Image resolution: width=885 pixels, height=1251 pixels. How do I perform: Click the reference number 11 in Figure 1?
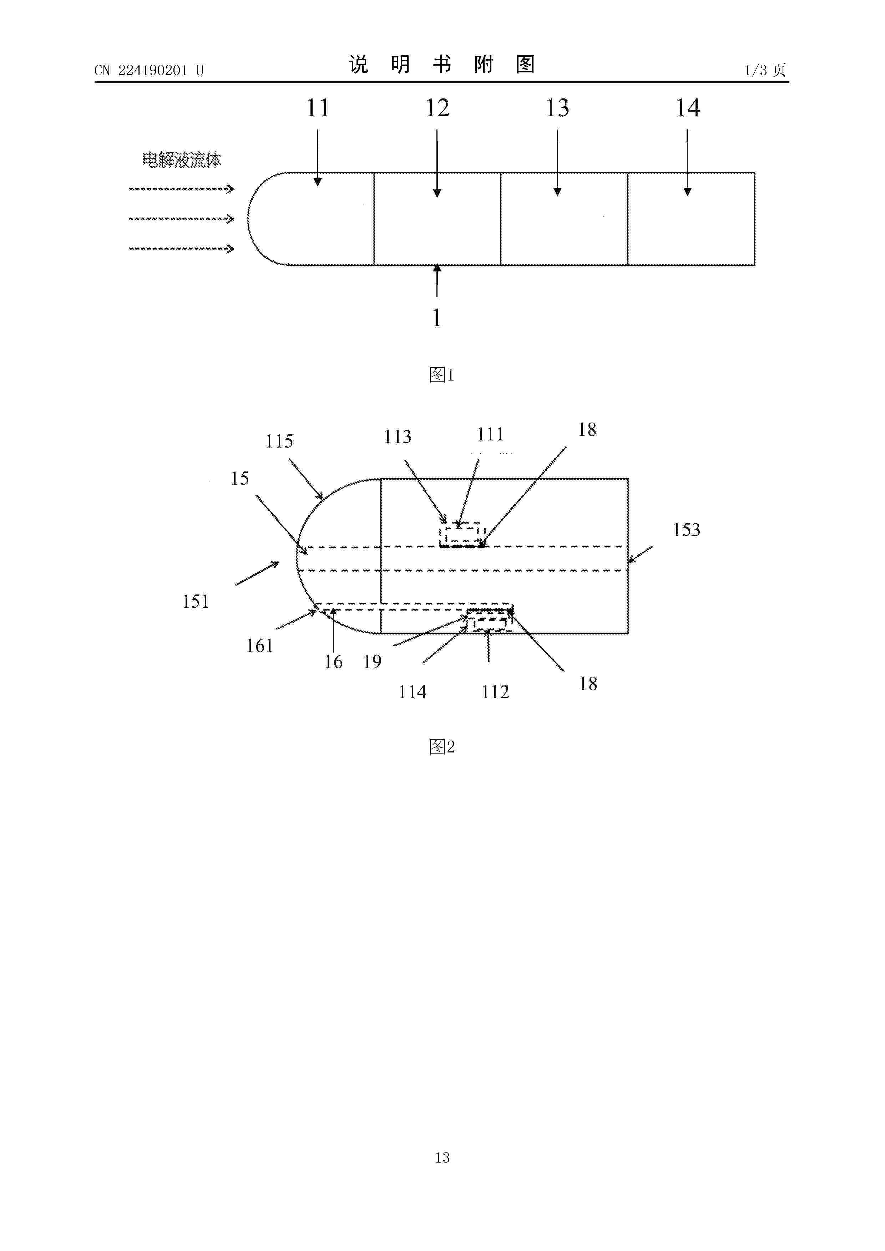point(317,108)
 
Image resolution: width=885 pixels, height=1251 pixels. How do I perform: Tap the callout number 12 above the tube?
point(437,108)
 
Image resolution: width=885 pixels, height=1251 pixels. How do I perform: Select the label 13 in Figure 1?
point(557,108)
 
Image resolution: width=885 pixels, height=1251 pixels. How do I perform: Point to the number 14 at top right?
point(688,108)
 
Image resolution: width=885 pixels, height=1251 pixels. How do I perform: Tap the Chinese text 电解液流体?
point(182,160)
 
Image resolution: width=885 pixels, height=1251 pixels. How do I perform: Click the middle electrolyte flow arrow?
point(182,219)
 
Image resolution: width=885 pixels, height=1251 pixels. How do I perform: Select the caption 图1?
point(442,374)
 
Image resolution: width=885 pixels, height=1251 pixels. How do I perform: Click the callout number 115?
point(279,441)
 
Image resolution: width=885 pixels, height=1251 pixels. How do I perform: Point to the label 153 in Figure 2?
point(686,530)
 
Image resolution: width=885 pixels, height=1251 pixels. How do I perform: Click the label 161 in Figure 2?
point(259,646)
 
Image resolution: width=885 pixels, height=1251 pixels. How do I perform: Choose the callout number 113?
point(398,437)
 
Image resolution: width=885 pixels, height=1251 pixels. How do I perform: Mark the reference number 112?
point(495,692)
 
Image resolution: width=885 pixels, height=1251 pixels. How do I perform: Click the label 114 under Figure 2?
point(412,692)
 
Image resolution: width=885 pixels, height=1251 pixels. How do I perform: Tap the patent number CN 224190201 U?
point(149,70)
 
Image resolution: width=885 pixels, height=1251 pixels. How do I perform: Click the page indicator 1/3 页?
point(765,70)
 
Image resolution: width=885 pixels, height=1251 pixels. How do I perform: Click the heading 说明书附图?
point(442,64)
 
